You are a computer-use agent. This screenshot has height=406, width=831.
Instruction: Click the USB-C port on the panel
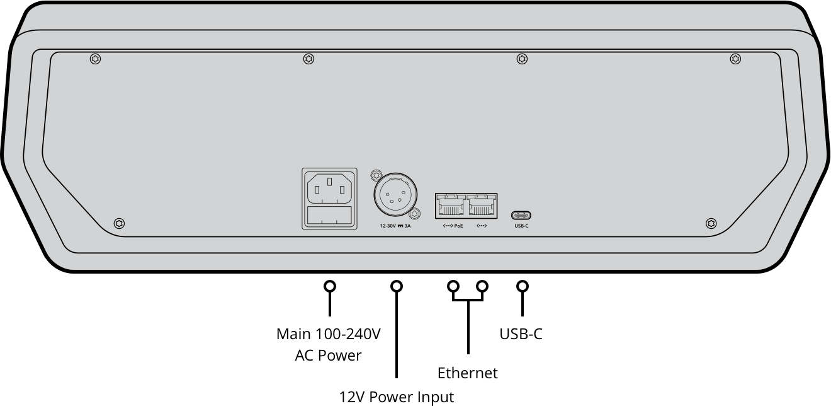pos(521,215)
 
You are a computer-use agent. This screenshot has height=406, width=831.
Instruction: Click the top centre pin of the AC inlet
pos(329,182)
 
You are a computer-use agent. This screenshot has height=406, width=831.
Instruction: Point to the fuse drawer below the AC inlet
pos(329,216)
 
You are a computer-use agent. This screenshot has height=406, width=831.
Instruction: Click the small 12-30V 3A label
pos(395,226)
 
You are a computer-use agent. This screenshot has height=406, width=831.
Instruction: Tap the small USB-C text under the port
pos(521,226)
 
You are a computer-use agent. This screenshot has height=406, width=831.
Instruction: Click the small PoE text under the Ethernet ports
pos(458,226)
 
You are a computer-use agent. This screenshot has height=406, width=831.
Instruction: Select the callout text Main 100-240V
pos(329,333)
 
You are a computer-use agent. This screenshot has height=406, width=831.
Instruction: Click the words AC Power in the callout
pos(329,356)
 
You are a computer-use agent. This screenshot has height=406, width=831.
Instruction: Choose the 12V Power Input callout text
pos(397,397)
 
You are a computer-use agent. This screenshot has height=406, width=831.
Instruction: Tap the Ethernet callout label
pos(468,373)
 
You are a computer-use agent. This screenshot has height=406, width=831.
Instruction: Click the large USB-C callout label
pos(521,333)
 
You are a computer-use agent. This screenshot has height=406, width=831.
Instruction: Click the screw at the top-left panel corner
pos(95,59)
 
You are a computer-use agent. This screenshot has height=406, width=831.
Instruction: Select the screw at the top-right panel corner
pos(735,59)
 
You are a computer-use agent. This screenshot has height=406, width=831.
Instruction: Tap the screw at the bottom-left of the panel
pos(119,223)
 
